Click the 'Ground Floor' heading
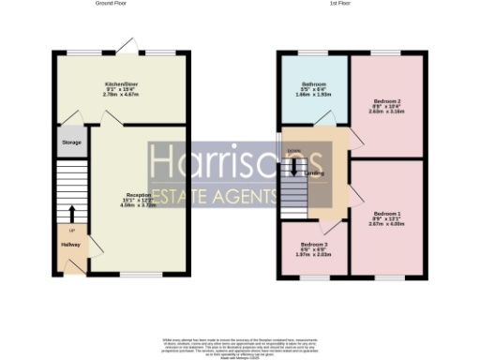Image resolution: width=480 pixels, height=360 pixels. click(x=111, y=4)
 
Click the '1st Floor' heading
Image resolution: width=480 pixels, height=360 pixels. click(x=340, y=4)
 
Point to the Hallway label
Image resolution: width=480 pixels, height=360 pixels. click(x=71, y=245)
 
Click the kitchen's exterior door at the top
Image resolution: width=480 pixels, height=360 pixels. click(x=124, y=44)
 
